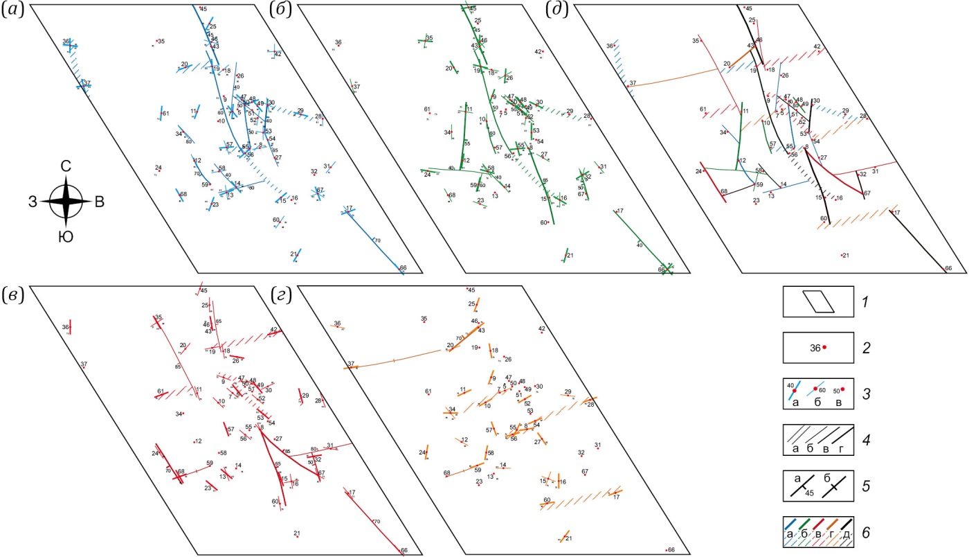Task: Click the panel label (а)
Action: [x=14, y=12]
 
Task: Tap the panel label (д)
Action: [x=558, y=12]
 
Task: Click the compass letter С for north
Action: [x=66, y=167]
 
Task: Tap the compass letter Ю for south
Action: [x=66, y=238]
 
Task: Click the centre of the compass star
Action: [x=66, y=202]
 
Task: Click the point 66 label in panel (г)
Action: [x=670, y=550]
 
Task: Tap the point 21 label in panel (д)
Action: [x=845, y=255]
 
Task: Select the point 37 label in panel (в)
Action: [x=83, y=364]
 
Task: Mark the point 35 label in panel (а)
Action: [x=161, y=42]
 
